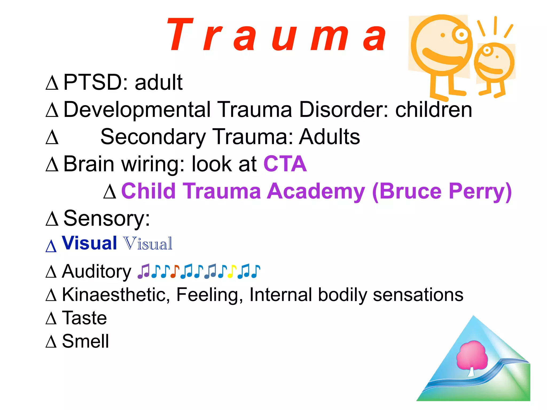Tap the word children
click(433, 110)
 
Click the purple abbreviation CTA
click(285, 164)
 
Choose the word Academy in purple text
click(316, 191)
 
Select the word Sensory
click(107, 218)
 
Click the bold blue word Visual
click(89, 243)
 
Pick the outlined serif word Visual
click(148, 244)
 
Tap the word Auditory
click(97, 271)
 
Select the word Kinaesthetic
click(116, 295)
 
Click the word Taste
click(84, 318)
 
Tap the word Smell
click(85, 341)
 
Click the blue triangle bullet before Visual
click(51, 246)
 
